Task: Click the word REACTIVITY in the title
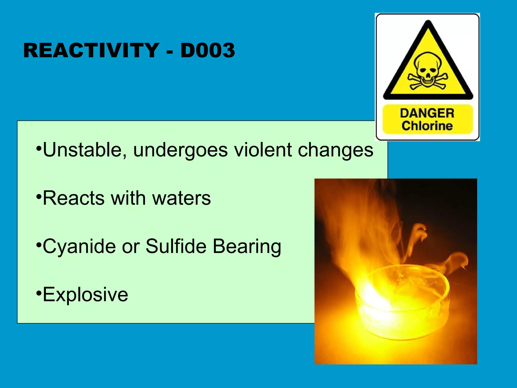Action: coord(91,51)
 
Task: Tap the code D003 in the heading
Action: coord(208,51)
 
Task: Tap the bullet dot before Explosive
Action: coord(38,293)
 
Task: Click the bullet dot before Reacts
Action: coord(38,197)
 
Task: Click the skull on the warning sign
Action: coord(428,69)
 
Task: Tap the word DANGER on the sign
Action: coord(427,113)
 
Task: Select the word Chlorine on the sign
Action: coord(427,126)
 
